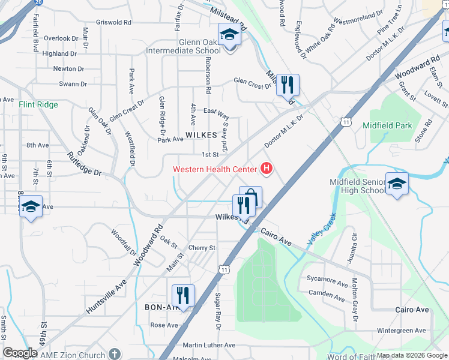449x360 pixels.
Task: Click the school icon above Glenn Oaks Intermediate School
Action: point(229,35)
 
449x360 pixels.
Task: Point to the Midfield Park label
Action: point(387,125)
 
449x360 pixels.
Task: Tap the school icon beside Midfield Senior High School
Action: point(397,184)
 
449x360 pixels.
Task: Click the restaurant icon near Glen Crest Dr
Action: point(288,85)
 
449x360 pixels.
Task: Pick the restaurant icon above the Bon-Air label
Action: point(183,296)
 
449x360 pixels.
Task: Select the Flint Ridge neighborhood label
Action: point(38,104)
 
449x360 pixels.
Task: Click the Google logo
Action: point(20,353)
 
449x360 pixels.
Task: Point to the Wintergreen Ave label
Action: point(401,331)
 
